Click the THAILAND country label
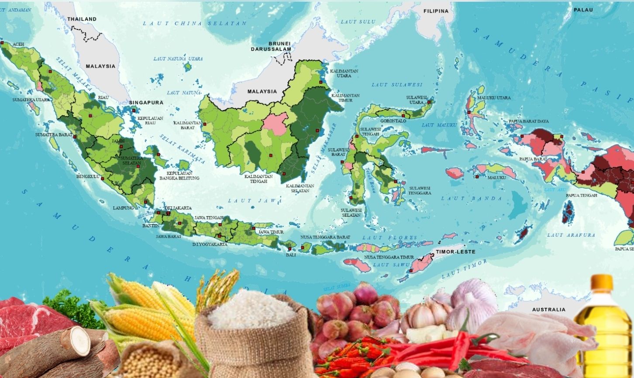click(x=82, y=19)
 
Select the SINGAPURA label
click(x=146, y=102)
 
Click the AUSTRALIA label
click(x=548, y=309)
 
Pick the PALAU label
click(x=583, y=10)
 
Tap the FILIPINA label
click(x=436, y=11)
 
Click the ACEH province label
click(x=18, y=45)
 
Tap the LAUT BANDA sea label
click(x=472, y=198)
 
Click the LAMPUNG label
click(x=123, y=208)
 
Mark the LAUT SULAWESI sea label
click(x=397, y=84)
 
